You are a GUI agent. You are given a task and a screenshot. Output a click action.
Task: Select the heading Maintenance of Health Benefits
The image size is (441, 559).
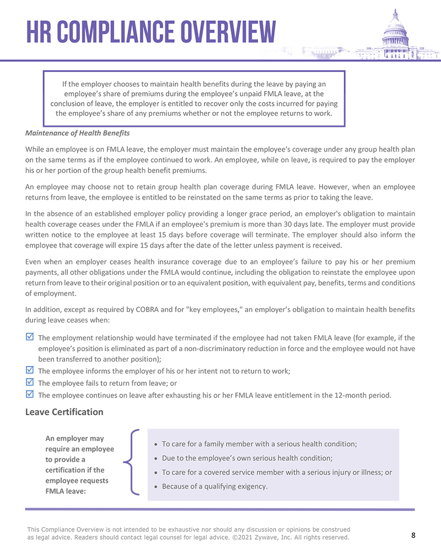(x=78, y=133)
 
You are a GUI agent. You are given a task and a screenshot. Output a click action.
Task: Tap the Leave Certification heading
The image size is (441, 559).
(x=64, y=412)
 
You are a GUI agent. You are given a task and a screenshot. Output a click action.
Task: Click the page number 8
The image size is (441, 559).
(x=413, y=535)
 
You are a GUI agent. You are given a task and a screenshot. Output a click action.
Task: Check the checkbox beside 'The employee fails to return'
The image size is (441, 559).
(x=30, y=382)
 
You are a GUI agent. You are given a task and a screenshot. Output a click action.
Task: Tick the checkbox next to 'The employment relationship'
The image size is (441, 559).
(x=30, y=337)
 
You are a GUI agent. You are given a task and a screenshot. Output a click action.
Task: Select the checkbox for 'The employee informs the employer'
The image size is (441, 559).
(x=30, y=370)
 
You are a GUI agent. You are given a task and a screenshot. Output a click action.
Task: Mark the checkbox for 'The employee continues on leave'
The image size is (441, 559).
(x=30, y=394)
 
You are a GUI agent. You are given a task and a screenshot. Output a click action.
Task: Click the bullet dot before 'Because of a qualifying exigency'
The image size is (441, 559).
(x=157, y=487)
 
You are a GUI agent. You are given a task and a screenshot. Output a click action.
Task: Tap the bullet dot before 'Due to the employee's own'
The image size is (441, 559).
(x=157, y=459)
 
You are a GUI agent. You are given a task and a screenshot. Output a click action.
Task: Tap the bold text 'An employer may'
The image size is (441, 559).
(x=74, y=438)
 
